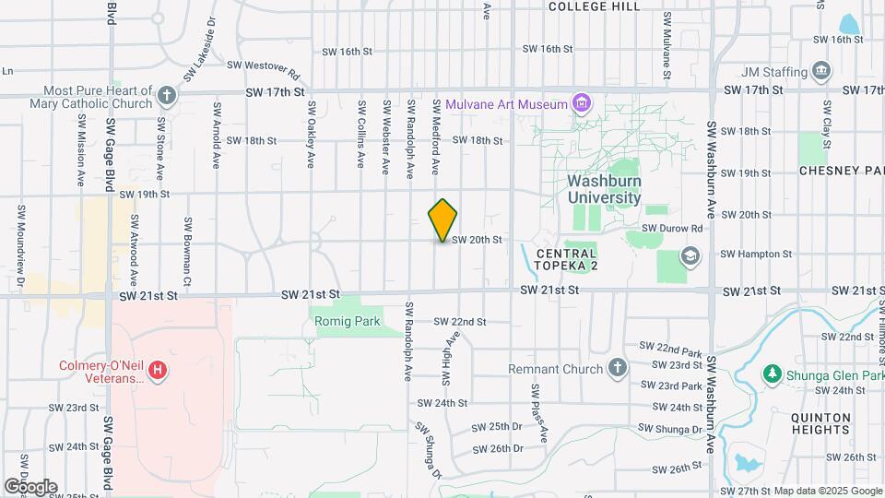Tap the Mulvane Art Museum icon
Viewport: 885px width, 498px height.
point(581,103)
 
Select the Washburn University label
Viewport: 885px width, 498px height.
point(604,189)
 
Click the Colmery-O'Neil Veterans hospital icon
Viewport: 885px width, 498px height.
point(159,371)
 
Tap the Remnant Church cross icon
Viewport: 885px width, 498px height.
point(618,369)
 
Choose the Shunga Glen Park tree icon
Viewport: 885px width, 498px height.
point(773,374)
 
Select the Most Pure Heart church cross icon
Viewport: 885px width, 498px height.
point(166,95)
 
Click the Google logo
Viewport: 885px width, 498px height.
point(30,487)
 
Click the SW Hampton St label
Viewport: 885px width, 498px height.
point(756,254)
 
